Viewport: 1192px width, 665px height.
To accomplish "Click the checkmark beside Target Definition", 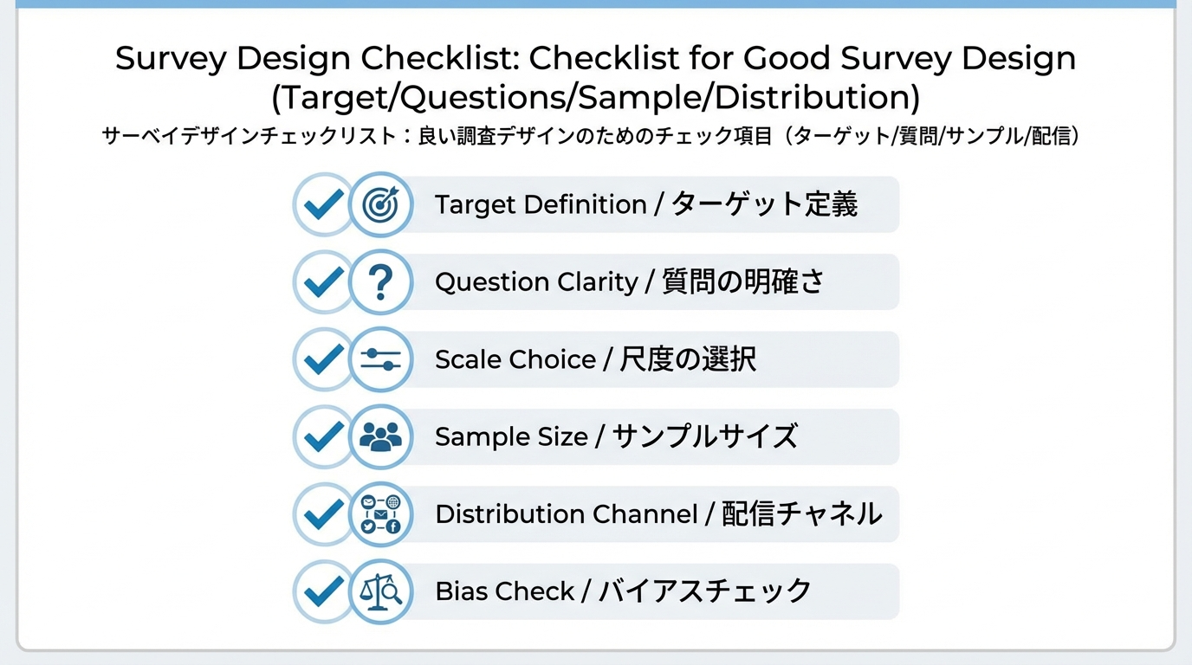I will click(324, 205).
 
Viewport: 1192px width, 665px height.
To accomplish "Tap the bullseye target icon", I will click(380, 205).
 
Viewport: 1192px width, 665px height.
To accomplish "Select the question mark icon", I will click(380, 282).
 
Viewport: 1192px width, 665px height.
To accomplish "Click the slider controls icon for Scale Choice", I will click(380, 359).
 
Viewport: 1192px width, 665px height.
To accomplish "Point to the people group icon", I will click(380, 436).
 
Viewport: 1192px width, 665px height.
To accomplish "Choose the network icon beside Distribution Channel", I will click(380, 514).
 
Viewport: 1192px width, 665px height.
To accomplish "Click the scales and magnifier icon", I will click(380, 592).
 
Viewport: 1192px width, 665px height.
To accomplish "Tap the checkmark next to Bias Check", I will click(324, 592).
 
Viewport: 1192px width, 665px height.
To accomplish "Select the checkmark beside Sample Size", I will click(324, 436).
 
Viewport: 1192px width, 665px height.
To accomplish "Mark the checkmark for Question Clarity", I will click(324, 282).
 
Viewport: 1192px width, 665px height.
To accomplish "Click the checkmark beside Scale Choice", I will click(324, 359).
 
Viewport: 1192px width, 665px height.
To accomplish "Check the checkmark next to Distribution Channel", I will click(324, 514).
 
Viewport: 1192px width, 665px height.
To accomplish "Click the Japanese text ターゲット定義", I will click(765, 205).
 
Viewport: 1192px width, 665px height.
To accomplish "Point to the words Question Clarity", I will click(536, 282).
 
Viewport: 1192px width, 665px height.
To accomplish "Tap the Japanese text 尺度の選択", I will click(688, 359).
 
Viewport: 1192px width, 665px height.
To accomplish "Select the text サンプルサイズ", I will click(704, 436).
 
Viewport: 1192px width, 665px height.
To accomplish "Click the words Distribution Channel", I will click(566, 514).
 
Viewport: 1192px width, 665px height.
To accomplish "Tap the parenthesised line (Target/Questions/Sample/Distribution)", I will click(596, 97).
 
